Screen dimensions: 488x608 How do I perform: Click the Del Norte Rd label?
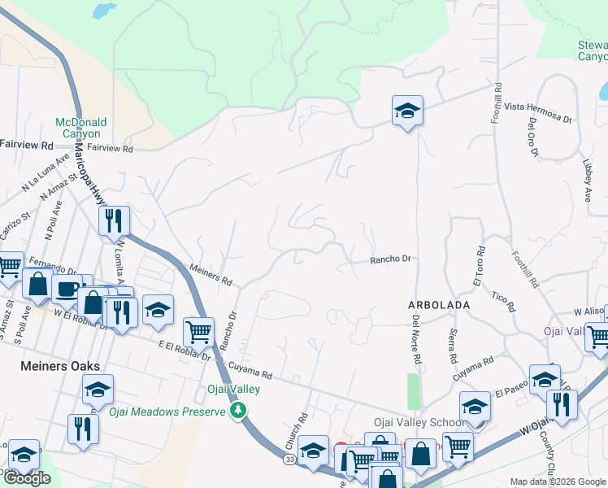pyautogui.click(x=416, y=339)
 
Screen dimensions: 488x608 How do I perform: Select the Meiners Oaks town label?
pyautogui.click(x=54, y=367)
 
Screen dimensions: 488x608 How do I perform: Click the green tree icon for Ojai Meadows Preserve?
pyautogui.click(x=238, y=410)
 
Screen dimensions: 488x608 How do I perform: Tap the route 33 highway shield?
pyautogui.click(x=289, y=460)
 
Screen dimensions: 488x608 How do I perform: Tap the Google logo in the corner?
pyautogui.click(x=27, y=477)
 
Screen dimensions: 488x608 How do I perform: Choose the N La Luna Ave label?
pyautogui.click(x=40, y=176)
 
